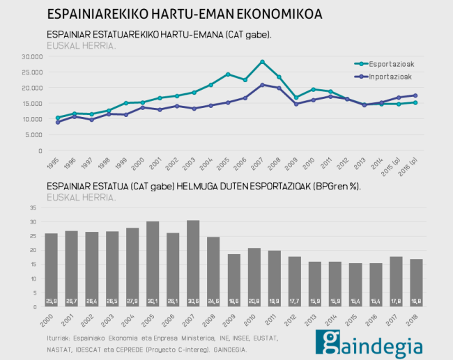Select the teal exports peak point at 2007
coord(262,62)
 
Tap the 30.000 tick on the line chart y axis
coord(32,56)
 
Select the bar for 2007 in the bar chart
coord(193,263)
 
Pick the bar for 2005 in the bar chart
coord(153,264)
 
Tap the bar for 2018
coord(415,283)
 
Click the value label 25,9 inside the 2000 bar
coord(52,301)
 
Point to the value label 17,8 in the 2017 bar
coord(395,301)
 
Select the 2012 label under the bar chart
coord(292,320)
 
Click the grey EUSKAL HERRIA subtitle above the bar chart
coord(81,197)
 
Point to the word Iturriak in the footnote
coord(56,338)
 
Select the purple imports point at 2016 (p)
coord(415,95)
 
